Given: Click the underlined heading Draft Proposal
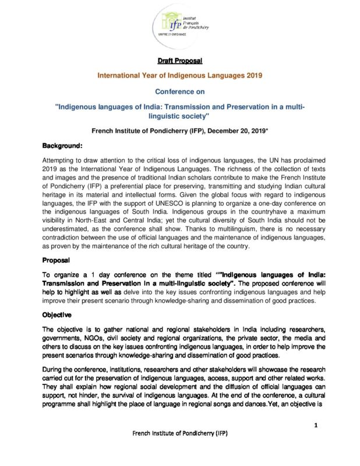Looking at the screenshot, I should [179, 61].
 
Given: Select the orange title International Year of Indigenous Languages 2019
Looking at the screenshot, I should [180, 76].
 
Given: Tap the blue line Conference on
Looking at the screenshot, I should [179, 91].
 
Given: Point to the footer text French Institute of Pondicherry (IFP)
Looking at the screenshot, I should [179, 450].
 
